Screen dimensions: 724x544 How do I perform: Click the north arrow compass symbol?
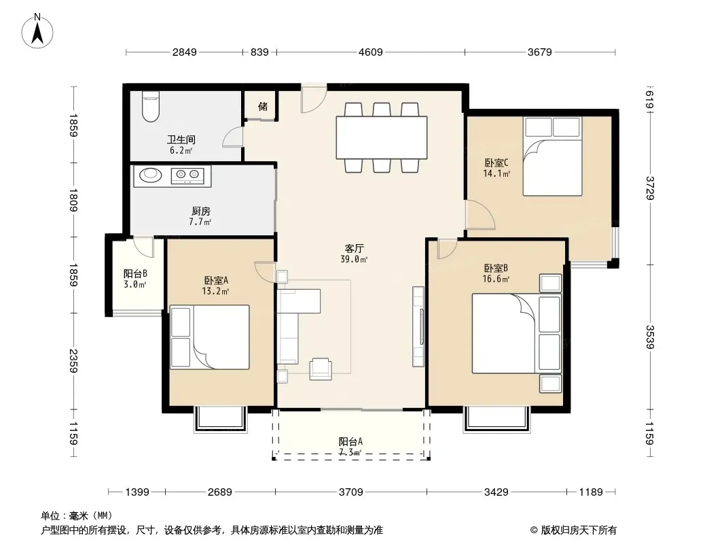pos(37,31)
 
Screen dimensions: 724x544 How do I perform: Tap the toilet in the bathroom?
pos(151,106)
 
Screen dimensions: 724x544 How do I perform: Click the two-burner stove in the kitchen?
pos(188,175)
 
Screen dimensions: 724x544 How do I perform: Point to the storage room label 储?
pos(263,106)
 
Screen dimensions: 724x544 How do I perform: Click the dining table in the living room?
pos(382,137)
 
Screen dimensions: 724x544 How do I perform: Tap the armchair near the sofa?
pos(321,369)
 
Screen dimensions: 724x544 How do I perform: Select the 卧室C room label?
pos(496,163)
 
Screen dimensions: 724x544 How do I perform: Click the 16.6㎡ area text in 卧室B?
pos(496,279)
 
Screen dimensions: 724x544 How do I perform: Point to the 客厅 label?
pos(354,249)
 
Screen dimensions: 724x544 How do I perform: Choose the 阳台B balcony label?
pos(135,274)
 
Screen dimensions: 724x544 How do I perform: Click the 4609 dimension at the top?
pos(371,52)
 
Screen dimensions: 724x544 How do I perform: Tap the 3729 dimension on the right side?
pos(650,188)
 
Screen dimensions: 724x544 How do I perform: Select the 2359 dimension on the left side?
pos(73,361)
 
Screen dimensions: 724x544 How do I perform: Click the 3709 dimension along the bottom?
pos(351,492)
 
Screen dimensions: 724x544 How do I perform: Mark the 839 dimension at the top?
pos(259,52)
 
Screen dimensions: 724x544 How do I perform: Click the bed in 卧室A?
pos(210,337)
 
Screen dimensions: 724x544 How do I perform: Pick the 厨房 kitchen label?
pos(200,211)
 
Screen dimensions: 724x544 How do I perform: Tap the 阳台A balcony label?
pos(350,441)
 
